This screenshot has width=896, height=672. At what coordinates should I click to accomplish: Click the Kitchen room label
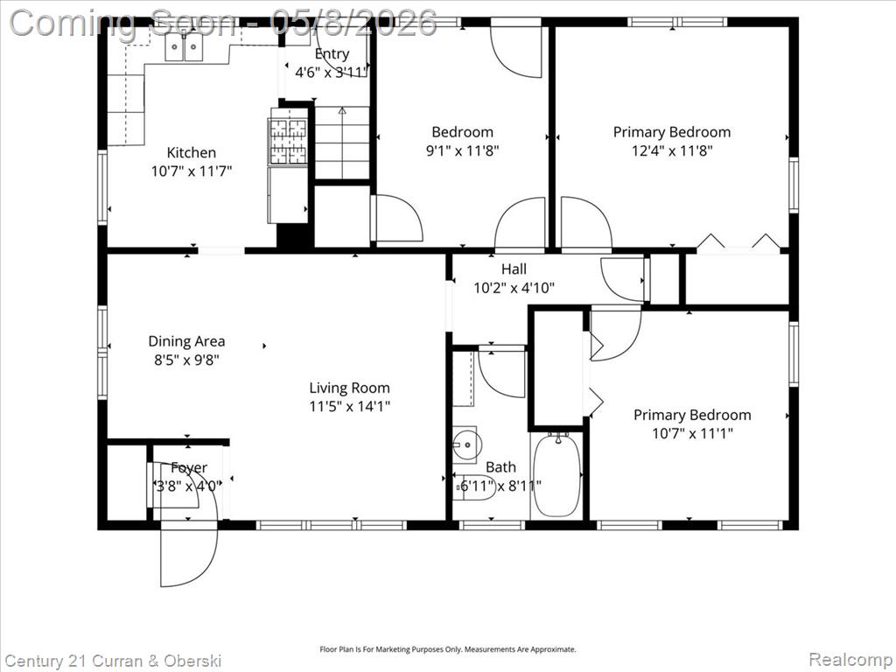click(192, 152)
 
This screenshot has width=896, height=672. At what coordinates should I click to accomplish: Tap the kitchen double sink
click(184, 47)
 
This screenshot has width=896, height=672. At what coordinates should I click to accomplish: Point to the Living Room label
click(350, 388)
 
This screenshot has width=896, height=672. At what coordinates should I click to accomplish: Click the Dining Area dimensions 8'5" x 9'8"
click(187, 360)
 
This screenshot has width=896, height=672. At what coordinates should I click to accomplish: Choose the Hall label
click(514, 269)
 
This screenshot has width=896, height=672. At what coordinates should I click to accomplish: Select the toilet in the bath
click(473, 487)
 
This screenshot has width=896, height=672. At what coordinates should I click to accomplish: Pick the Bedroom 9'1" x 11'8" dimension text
click(463, 150)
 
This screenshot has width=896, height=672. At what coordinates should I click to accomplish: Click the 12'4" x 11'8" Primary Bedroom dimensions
click(672, 150)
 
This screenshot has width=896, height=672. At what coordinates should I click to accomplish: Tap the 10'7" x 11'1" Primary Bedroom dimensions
click(693, 434)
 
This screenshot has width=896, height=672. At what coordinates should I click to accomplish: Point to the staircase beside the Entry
click(342, 143)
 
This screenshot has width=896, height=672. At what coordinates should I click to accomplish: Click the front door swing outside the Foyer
click(189, 554)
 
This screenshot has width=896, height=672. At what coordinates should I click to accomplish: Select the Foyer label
click(189, 468)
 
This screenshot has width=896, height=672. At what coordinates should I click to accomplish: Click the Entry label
click(332, 53)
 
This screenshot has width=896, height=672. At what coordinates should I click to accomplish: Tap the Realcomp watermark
click(850, 660)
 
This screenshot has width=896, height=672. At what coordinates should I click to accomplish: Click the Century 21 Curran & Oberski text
click(112, 661)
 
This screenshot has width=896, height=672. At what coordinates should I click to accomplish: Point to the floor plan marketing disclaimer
click(447, 650)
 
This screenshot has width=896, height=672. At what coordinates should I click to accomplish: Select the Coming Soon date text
click(223, 23)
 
